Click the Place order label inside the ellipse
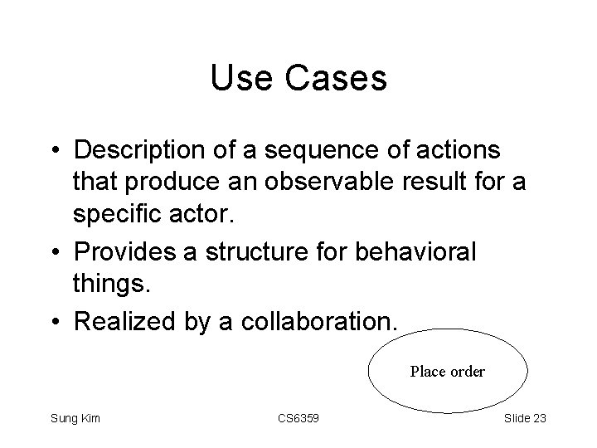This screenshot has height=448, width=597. tap(448, 372)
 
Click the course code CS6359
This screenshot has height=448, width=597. tap(298, 418)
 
